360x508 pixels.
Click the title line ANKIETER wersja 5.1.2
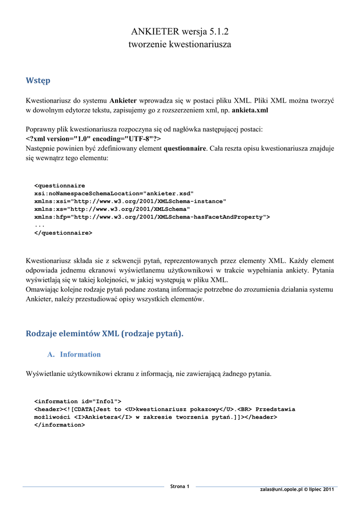tap(180, 32)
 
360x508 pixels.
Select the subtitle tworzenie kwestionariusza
tap(180, 45)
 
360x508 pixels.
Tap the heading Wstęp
tap(38, 80)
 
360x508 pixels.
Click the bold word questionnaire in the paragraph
tap(185, 148)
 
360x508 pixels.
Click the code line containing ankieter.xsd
tap(114, 193)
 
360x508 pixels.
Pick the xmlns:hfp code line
tap(152, 217)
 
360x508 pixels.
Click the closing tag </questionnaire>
tap(63, 232)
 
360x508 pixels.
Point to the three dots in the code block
tap(39, 225)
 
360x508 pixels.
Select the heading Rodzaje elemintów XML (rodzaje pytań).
tap(104, 334)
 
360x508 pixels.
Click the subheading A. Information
tap(74, 354)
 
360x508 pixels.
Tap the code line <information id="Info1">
tap(77, 401)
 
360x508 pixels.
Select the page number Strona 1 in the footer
tap(180, 487)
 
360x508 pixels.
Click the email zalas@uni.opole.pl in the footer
tap(281, 490)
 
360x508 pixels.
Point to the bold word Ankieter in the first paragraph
tap(123, 101)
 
